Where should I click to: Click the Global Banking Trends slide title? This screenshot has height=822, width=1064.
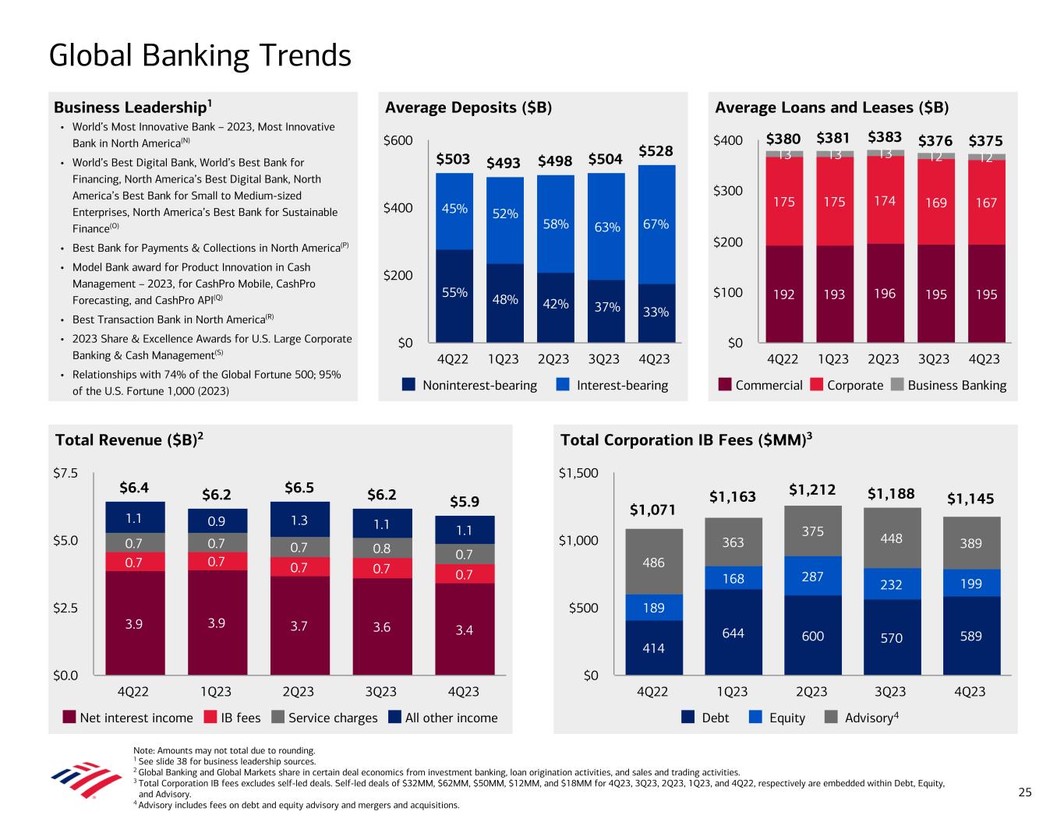[x=200, y=55]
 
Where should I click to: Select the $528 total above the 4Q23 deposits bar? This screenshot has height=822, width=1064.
[x=656, y=150]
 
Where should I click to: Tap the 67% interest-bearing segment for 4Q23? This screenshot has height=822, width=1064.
[x=656, y=224]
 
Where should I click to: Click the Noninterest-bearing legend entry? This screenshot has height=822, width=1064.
[x=470, y=385]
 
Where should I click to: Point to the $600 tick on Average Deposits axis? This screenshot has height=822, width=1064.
[x=398, y=141]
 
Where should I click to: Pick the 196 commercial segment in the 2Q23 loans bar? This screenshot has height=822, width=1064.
[x=884, y=294]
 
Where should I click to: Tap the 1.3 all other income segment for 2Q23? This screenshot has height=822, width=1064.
[x=299, y=519]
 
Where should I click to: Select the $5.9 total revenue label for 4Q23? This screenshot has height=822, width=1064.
[x=465, y=501]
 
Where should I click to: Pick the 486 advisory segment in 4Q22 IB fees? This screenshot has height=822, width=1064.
[x=653, y=562]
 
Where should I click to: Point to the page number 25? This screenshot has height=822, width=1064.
[x=1024, y=792]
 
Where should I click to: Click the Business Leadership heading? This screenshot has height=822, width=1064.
[x=133, y=107]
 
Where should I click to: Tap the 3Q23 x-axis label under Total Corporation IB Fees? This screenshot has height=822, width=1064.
[x=890, y=692]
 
